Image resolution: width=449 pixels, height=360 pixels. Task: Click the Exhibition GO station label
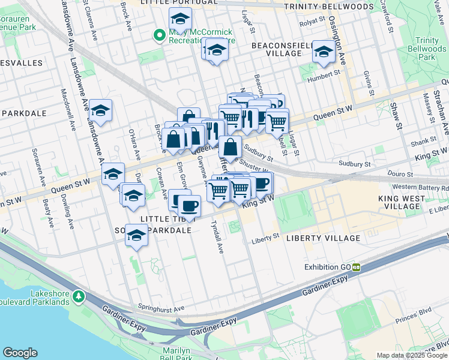(328, 267)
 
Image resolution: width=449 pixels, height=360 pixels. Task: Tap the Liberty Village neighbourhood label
(323, 238)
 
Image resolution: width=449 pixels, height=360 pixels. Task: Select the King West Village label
(409, 202)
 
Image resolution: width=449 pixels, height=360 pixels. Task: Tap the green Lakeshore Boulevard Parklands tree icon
(78, 296)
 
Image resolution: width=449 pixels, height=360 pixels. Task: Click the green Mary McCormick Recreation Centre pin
(159, 35)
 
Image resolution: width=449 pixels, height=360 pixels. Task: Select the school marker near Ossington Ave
(324, 52)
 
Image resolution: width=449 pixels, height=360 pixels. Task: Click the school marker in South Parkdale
(136, 235)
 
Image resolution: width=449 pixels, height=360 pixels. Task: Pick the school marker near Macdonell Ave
(101, 110)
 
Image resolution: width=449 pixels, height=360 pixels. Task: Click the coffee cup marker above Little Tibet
(190, 206)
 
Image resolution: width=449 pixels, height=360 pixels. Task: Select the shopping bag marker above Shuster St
(231, 146)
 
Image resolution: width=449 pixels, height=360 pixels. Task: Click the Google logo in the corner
(20, 353)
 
